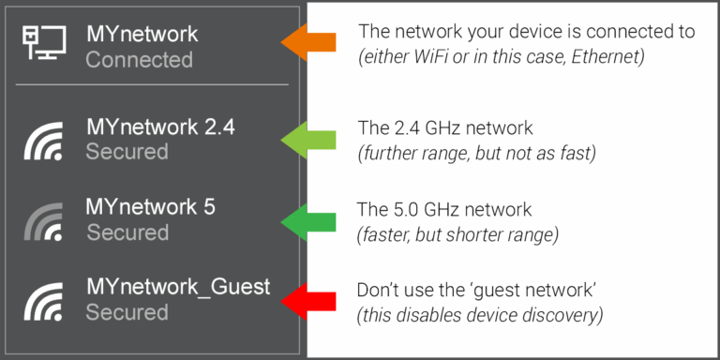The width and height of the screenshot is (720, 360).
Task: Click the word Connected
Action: (x=139, y=60)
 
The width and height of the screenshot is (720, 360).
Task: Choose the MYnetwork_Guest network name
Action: (x=177, y=287)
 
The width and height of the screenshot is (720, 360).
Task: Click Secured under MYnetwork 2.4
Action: (x=127, y=152)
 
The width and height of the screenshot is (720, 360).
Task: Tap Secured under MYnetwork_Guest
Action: (x=127, y=312)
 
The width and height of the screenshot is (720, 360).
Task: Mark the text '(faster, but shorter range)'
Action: (x=458, y=234)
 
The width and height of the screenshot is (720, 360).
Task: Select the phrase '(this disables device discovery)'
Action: (x=479, y=315)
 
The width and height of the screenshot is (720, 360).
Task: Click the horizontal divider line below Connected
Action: (x=152, y=84)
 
